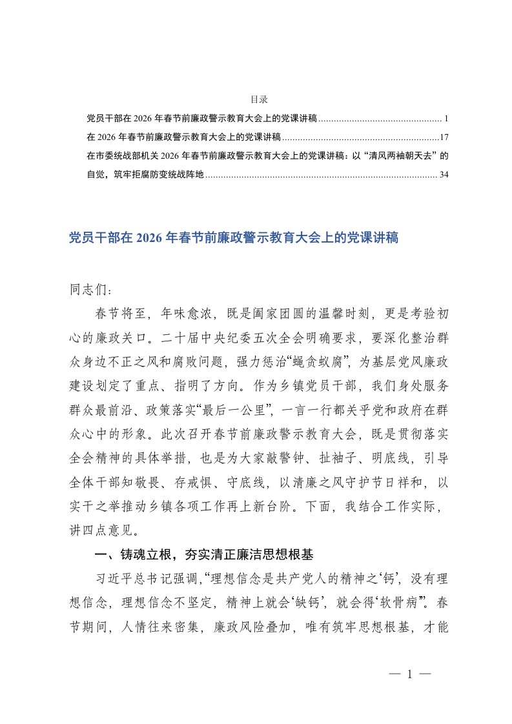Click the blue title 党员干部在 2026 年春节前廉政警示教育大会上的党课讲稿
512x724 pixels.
click(234, 238)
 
